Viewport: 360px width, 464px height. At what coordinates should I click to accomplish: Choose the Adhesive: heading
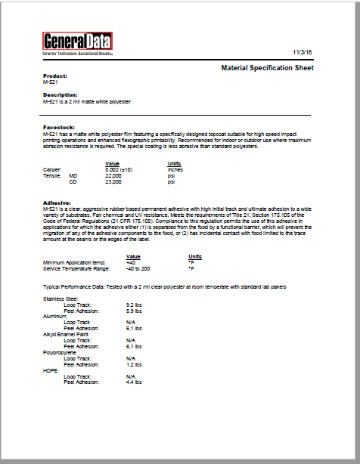(58, 202)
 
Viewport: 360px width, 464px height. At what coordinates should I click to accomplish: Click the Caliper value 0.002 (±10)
(119, 169)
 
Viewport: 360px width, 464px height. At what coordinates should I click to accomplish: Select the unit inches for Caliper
(175, 169)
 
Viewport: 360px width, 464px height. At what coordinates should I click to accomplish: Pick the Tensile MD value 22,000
(113, 175)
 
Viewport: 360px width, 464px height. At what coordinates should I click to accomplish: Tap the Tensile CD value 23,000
(113, 181)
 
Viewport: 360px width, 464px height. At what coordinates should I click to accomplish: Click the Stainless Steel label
(59, 299)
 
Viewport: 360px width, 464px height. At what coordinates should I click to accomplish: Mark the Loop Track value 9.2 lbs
(135, 305)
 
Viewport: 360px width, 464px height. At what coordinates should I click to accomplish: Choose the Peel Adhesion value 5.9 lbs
(135, 311)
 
